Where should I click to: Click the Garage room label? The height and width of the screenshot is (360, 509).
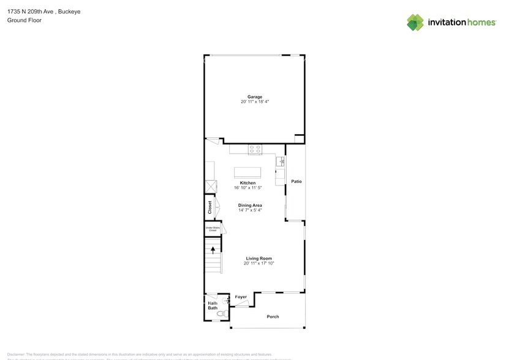point(255,97)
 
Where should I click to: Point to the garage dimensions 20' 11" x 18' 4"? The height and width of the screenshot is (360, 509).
point(255,102)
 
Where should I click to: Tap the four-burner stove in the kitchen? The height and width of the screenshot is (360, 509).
point(255,149)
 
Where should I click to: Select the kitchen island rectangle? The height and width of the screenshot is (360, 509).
point(247,171)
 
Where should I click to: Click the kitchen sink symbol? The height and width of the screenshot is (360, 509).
point(280,162)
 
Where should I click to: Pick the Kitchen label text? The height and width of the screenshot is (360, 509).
point(247,183)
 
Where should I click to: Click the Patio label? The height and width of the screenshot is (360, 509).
point(296,182)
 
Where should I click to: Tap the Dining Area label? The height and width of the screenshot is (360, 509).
point(250,205)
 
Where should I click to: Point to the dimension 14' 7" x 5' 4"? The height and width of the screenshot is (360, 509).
point(250,210)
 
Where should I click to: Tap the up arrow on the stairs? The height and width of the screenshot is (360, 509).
point(213,249)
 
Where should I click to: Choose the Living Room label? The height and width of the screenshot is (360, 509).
point(258,258)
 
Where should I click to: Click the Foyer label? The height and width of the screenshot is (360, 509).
point(241,297)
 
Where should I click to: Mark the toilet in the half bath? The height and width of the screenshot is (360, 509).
point(221,313)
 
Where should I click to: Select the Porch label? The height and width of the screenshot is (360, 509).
point(273,317)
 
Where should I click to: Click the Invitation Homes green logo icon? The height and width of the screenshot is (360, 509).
point(416,22)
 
